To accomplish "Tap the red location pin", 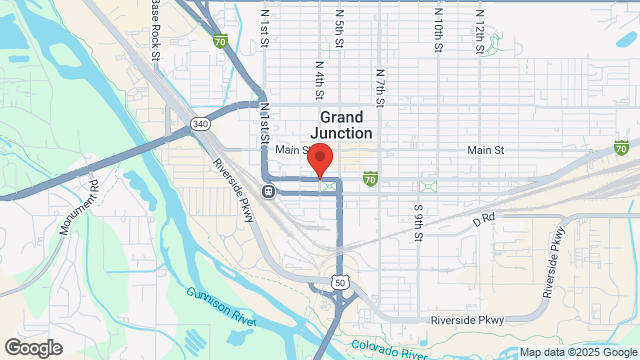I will pyautogui.click(x=319, y=160).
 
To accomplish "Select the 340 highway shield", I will pyautogui.click(x=200, y=124).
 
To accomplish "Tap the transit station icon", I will pyautogui.click(x=268, y=191).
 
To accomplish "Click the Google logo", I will pyautogui.click(x=32, y=348).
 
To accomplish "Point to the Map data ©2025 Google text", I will pyautogui.click(x=576, y=352).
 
